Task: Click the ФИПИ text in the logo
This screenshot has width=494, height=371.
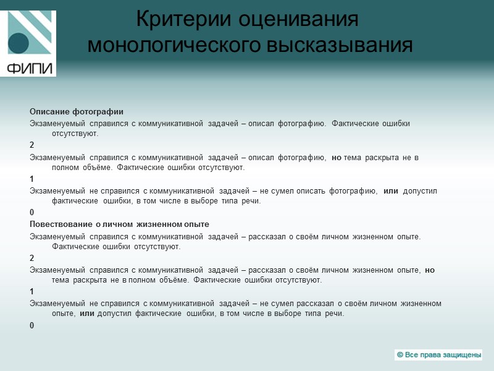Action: pyautogui.click(x=29, y=67)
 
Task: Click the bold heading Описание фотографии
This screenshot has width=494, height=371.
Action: pyautogui.click(x=77, y=112)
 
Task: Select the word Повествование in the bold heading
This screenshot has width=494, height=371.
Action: pyautogui.click(x=60, y=224)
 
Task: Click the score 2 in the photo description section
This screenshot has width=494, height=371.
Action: pyautogui.click(x=32, y=145)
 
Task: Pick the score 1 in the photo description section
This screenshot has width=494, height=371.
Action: pyautogui.click(x=32, y=179)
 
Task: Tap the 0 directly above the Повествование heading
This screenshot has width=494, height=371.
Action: pyautogui.click(x=32, y=213)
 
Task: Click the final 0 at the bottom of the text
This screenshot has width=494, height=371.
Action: pyautogui.click(x=32, y=325)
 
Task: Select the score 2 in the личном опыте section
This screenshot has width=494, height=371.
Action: pyautogui.click(x=32, y=258)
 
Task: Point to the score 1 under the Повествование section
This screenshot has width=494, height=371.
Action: pyautogui.click(x=32, y=291)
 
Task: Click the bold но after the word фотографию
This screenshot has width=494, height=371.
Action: pyautogui.click(x=337, y=157)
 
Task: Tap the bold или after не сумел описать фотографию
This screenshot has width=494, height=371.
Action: pyautogui.click(x=391, y=191)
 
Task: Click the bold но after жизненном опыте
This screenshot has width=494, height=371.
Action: pyautogui.click(x=430, y=270)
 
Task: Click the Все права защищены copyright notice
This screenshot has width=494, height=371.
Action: pyautogui.click(x=438, y=355)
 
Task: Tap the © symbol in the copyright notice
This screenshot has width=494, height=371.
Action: pyautogui.click(x=400, y=355)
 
